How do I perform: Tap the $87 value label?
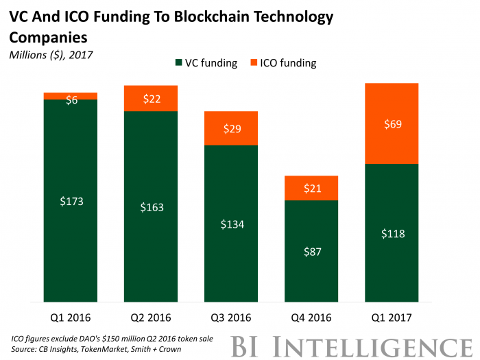pos(311,252)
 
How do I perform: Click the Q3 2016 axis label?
pos(231,317)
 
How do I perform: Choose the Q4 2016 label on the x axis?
pos(311,317)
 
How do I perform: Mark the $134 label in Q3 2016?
pos(231,224)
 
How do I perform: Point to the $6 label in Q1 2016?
pos(71,101)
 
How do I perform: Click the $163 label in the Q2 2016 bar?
pos(151,207)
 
